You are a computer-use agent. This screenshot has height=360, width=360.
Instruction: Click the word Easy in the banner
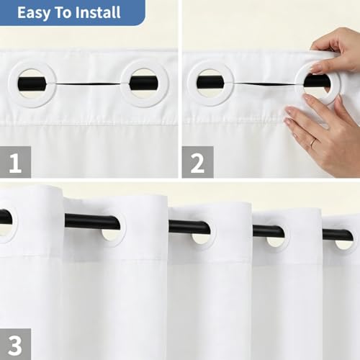(34, 13)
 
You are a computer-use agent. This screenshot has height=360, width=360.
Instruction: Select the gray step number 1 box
(15, 162)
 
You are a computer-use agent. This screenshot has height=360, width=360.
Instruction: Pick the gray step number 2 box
(197, 162)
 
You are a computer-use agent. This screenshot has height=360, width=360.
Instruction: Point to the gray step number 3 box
(15, 344)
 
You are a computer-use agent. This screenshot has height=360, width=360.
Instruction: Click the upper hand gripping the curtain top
(336, 50)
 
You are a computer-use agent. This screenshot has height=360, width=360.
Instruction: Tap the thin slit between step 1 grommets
(88, 84)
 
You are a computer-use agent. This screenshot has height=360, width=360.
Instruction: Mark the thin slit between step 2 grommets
(264, 84)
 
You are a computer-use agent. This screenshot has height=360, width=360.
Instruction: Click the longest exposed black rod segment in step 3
(92, 221)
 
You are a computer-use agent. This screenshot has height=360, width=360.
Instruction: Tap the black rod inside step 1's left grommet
(32, 84)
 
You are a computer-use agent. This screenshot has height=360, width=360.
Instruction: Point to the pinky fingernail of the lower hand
(287, 121)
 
